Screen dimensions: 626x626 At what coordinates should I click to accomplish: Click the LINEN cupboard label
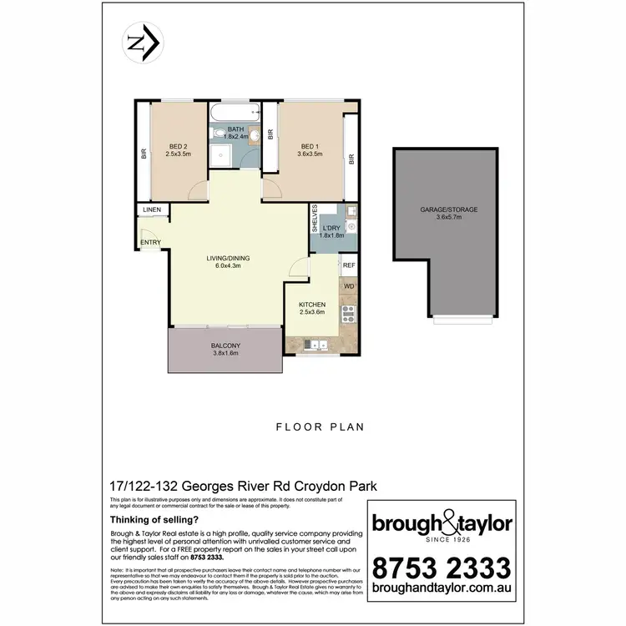click(x=152, y=210)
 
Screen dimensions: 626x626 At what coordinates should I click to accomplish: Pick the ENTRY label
click(x=151, y=243)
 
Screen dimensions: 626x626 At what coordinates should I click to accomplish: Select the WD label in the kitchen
click(x=349, y=286)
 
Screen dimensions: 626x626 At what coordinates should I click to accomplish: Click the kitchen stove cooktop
click(x=349, y=315)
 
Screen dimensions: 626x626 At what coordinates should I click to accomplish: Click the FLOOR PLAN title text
click(x=321, y=427)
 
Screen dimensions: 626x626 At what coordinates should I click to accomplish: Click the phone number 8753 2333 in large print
click(x=442, y=569)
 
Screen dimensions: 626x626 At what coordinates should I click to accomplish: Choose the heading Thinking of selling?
click(x=143, y=519)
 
